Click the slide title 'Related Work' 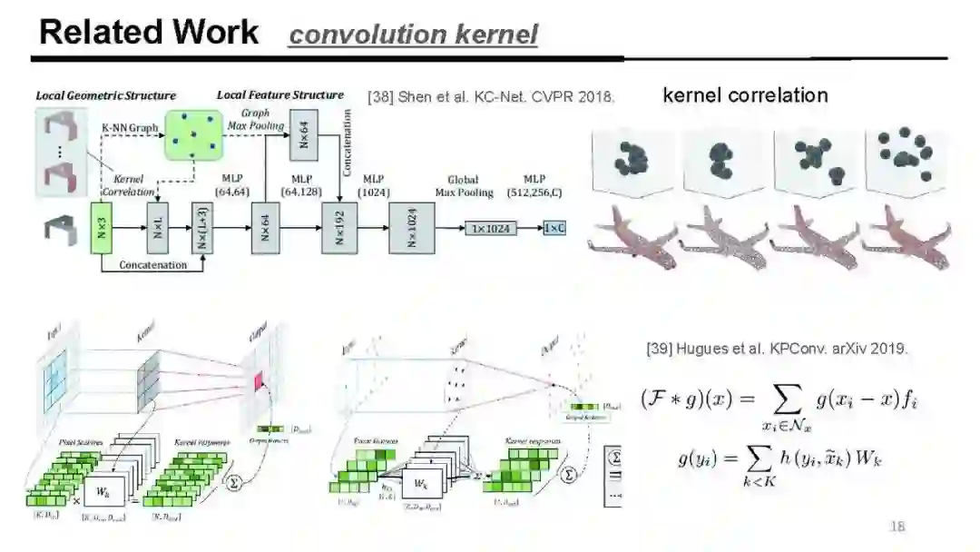[149, 33]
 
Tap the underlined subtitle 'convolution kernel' [413, 35]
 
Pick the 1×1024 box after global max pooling [491, 229]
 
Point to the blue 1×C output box [554, 229]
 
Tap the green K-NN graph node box [192, 134]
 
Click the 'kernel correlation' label [745, 95]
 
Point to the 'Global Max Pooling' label [463, 186]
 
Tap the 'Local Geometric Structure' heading [106, 95]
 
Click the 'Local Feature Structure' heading [279, 94]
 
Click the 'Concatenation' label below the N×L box [152, 265]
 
